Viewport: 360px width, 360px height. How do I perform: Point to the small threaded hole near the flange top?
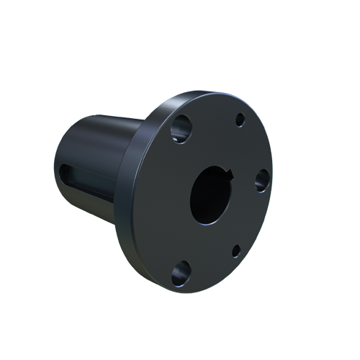(x=240, y=121)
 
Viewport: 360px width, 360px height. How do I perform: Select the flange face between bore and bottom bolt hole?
(x=197, y=241)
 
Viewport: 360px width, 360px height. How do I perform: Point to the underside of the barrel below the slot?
(x=90, y=209)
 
